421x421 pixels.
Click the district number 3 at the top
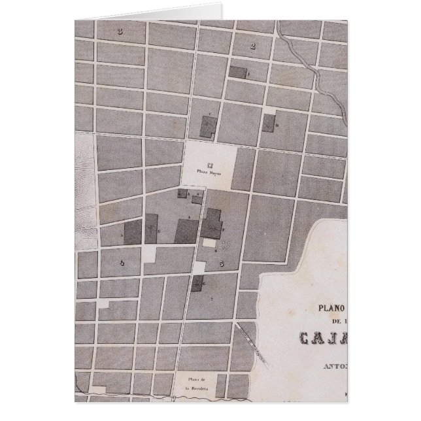120,31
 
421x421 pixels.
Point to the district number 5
221,263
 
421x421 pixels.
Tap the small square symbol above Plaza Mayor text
210,165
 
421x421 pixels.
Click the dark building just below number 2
238,73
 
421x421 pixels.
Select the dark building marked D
268,124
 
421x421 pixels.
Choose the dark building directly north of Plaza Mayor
208,126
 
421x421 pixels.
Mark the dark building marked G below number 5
198,282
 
